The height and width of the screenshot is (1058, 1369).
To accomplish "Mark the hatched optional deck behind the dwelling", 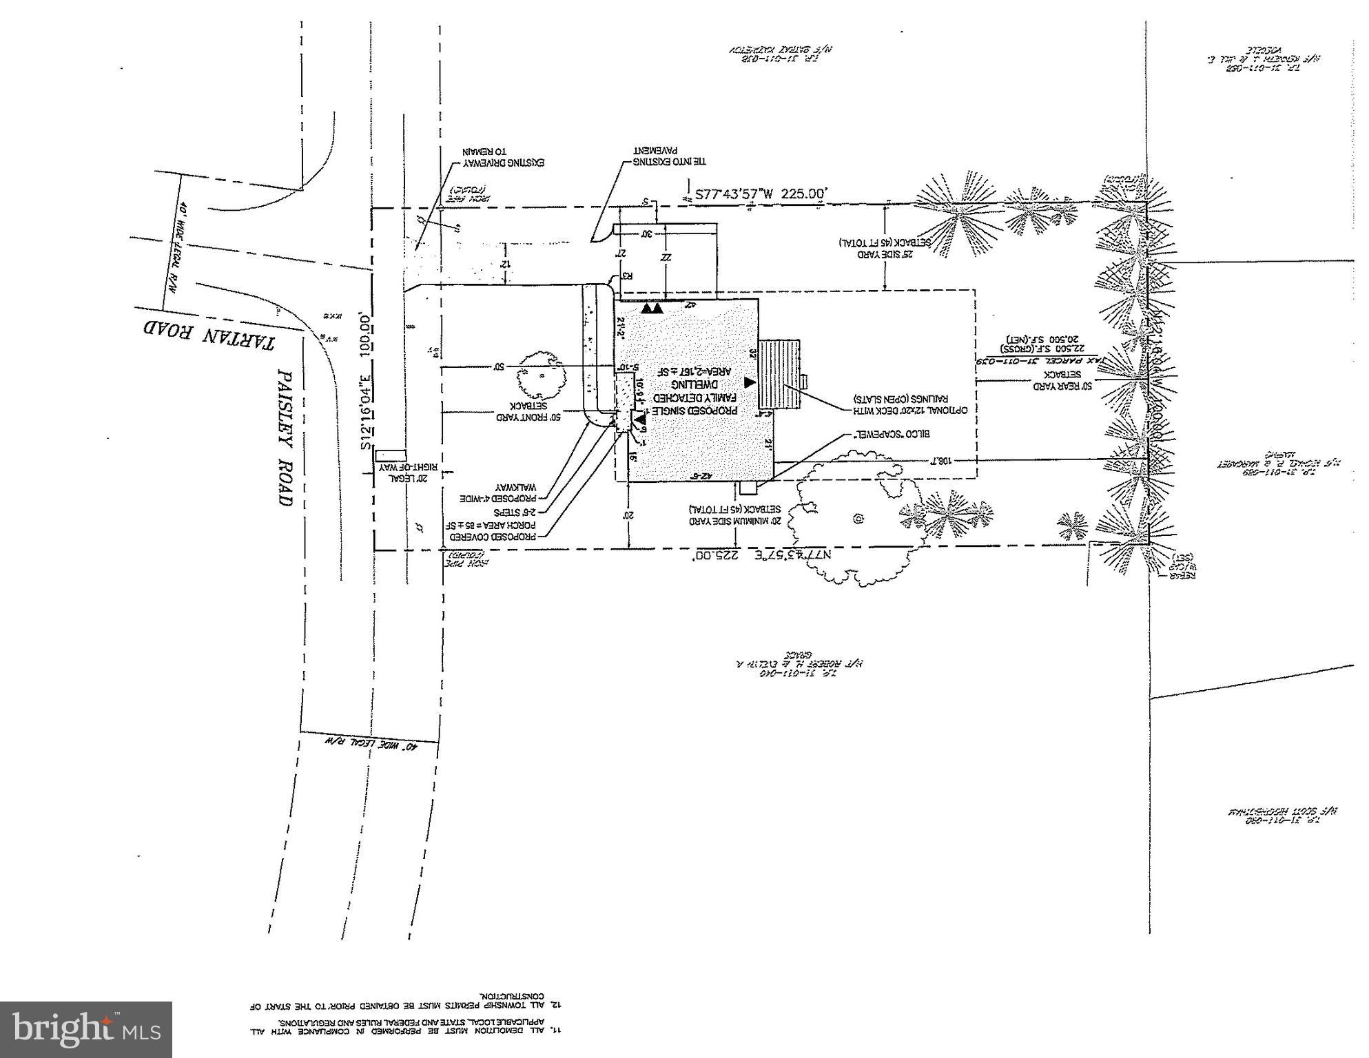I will coord(779,373).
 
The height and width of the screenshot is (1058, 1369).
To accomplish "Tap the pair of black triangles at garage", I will coord(651,309).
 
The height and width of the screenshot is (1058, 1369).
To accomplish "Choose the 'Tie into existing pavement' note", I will coord(670,157).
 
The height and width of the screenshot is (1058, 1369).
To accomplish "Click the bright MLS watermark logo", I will coord(85,1030).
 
